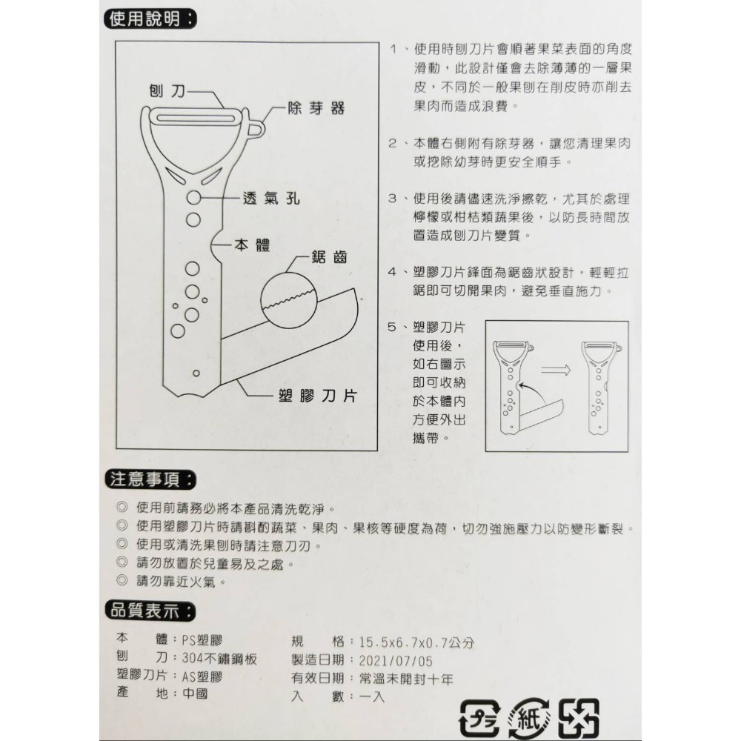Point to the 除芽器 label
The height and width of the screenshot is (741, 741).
click(x=317, y=109)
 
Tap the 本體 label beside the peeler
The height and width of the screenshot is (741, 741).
click(x=252, y=245)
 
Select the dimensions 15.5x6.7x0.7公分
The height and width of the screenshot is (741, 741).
click(x=416, y=642)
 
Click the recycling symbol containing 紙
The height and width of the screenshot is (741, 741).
click(x=527, y=717)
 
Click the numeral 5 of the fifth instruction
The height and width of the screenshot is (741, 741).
click(x=393, y=327)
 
